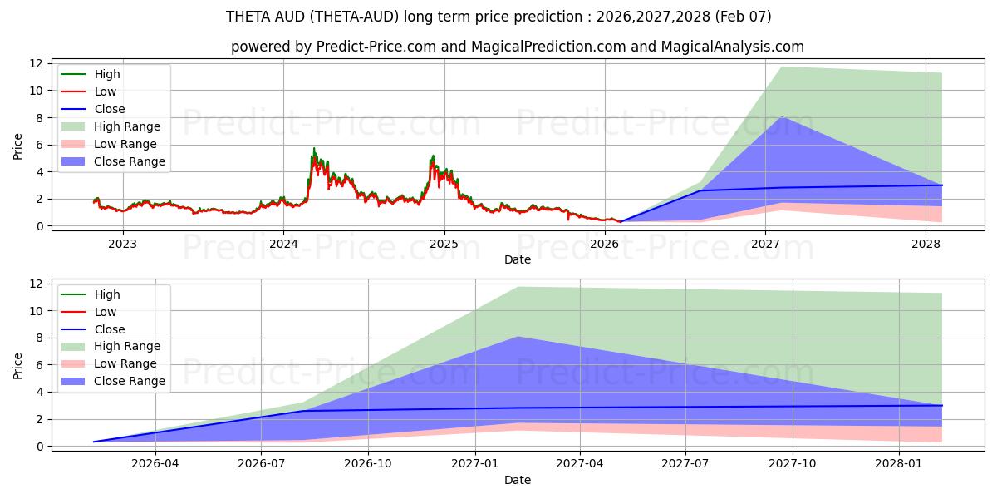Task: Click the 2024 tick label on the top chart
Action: tap(283, 244)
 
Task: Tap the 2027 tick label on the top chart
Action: tap(765, 244)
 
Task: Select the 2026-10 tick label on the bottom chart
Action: tap(368, 464)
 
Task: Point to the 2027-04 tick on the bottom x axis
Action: tap(580, 464)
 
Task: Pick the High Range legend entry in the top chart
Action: tap(127, 126)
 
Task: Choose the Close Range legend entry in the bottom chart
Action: tap(129, 381)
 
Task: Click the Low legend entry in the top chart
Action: tap(106, 91)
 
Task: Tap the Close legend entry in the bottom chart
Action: tap(110, 329)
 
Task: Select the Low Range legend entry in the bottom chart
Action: tap(125, 363)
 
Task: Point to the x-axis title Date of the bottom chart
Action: tap(517, 480)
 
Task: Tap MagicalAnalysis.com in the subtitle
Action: tap(732, 47)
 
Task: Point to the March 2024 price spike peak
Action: tap(313, 149)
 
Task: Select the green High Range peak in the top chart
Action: tap(781, 67)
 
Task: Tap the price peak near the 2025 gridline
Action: tap(432, 156)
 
